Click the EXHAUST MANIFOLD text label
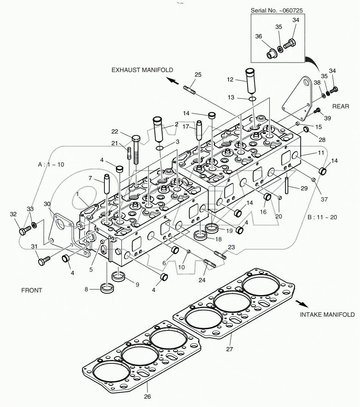tap(142, 70)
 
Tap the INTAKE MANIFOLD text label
tap(327, 314)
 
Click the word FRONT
tap(32, 290)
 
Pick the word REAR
tap(340, 107)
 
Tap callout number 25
tap(198, 74)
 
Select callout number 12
tap(230, 80)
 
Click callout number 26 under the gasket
tap(147, 397)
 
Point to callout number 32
tap(13, 214)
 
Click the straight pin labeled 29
tap(287, 184)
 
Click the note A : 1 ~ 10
tap(51, 165)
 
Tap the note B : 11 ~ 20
tap(322, 217)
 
